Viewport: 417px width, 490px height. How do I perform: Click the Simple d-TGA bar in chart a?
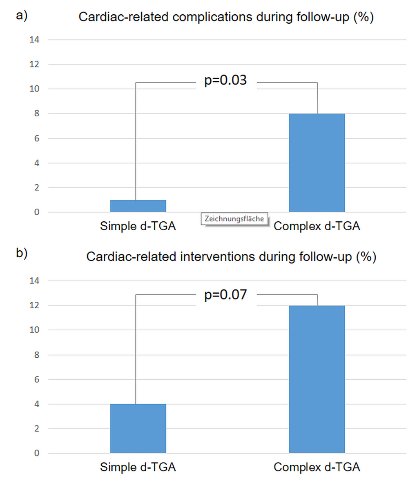pos(138,206)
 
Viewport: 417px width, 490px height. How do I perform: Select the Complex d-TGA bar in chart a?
pos(317,163)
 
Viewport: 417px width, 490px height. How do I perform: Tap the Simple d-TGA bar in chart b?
pos(138,428)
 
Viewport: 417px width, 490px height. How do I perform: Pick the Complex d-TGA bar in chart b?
pos(317,379)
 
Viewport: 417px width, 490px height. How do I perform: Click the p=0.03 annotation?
pos(225,80)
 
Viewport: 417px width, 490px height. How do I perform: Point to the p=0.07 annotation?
pos(225,294)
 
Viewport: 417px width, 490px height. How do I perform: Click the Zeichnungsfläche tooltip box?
pos(234,219)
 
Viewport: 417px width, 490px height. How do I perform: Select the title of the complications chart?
pos(226,18)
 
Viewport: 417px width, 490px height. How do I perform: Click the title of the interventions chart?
pos(231,257)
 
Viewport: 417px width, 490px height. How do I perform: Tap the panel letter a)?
pos(22,16)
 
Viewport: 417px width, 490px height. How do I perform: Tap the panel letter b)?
pos(22,253)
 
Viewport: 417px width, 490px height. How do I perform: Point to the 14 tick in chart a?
pos(34,40)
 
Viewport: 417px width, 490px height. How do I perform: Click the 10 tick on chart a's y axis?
pos(34,89)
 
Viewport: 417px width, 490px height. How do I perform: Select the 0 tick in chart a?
pos(37,212)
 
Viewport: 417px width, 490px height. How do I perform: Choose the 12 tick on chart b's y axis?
pos(34,305)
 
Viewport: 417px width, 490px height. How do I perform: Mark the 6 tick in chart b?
pos(37,380)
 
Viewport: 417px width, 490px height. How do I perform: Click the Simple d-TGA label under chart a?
pos(138,226)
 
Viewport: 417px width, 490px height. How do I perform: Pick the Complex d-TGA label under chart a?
pos(317,226)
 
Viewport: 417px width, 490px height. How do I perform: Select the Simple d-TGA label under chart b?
pos(138,467)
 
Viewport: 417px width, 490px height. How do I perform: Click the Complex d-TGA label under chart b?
pos(317,467)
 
